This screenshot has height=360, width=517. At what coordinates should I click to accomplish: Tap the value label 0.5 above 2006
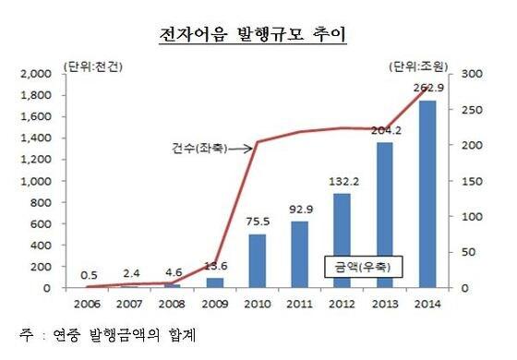89,273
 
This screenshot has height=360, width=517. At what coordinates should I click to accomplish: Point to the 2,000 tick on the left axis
37,74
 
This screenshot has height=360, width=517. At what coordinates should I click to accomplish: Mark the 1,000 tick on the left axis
37,181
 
